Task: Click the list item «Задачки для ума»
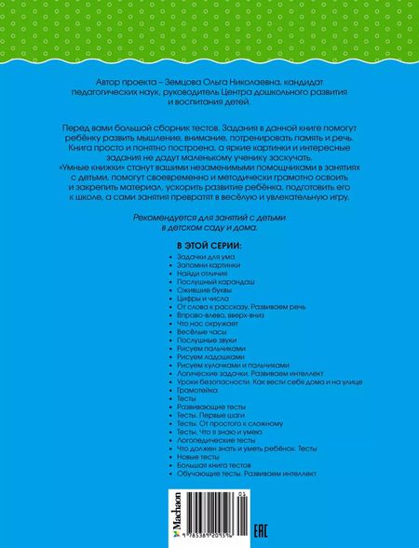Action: click(196, 257)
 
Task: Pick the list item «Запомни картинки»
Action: click(199, 266)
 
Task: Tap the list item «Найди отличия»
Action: click(194, 275)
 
